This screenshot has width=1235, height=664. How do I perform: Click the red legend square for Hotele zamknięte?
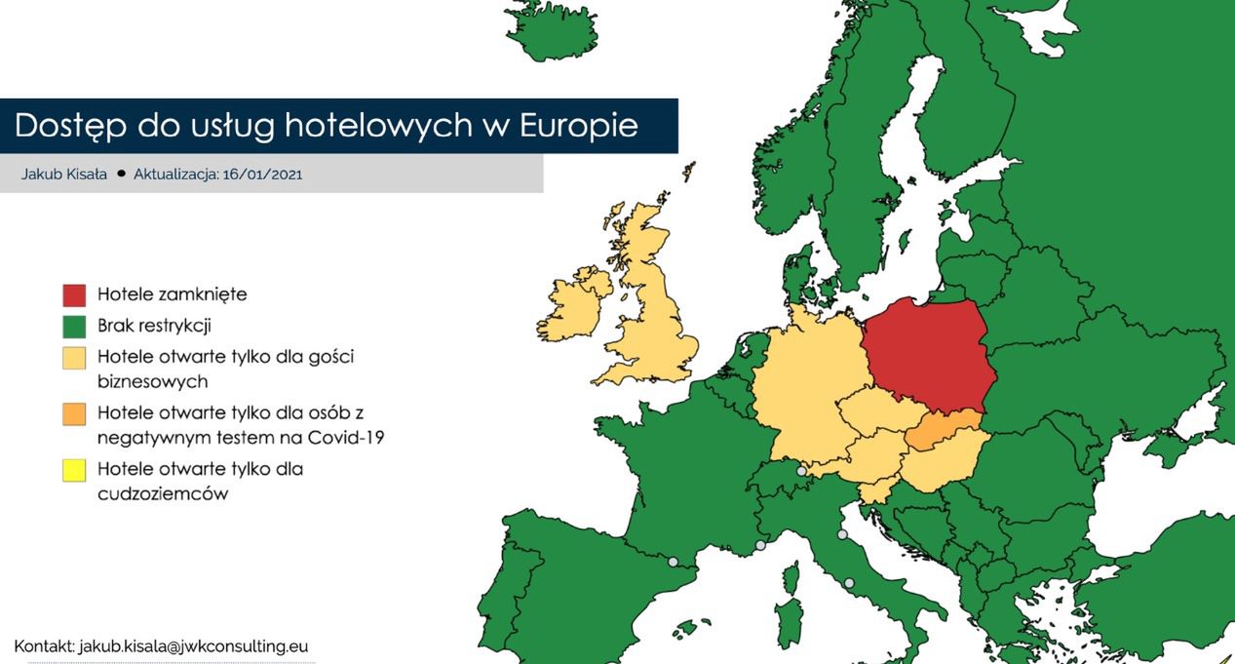(x=74, y=294)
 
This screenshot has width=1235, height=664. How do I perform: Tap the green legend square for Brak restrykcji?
(x=74, y=326)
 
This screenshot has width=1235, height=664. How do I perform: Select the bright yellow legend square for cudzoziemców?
(x=74, y=470)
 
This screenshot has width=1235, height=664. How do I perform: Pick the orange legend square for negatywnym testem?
(x=74, y=413)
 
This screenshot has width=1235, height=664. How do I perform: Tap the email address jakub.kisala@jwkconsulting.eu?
(x=193, y=645)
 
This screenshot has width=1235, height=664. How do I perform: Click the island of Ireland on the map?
(x=575, y=304)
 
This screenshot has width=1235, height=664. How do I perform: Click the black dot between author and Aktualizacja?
(x=121, y=174)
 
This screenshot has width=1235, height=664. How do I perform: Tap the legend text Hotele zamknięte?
(x=172, y=294)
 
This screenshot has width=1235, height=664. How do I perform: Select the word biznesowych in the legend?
(x=152, y=381)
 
